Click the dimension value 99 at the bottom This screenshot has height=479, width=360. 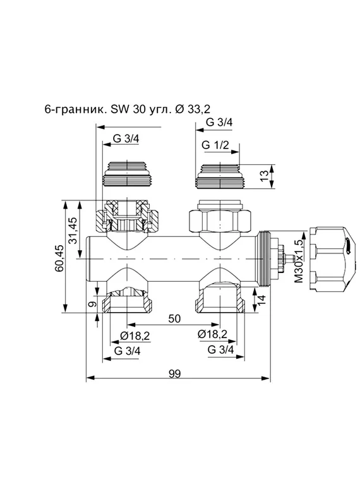coord(174,373)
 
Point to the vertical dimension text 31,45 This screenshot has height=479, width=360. coord(73,230)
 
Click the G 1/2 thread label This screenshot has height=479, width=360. coord(215,146)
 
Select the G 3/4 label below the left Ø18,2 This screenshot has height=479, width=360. coord(127,350)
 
